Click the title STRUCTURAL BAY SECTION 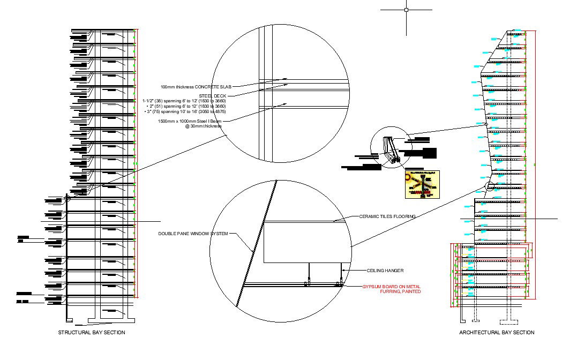[91, 333]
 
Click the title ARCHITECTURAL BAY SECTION [496, 333]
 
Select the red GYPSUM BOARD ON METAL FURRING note [391, 287]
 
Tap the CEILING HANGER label [385, 271]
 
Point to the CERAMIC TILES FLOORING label [387, 216]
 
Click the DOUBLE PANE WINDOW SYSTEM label [193, 234]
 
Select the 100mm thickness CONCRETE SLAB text [196, 86]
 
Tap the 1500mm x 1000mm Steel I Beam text [189, 122]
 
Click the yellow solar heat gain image [422, 185]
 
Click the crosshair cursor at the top [406, 10]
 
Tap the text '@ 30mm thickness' [203, 126]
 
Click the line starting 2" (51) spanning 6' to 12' [186, 106]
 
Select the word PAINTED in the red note [410, 292]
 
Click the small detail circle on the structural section [68, 198]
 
